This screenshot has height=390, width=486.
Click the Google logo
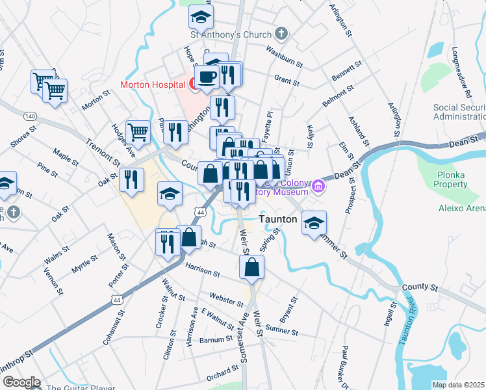tap(21, 382)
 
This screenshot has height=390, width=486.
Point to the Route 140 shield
tap(29, 115)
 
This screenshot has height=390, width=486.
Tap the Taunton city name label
tap(278, 220)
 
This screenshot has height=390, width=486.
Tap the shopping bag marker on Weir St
tap(251, 266)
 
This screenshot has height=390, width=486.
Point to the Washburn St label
tap(285, 56)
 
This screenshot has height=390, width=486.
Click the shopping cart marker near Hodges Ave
tap(138, 132)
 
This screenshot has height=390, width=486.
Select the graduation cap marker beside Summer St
tap(314, 223)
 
